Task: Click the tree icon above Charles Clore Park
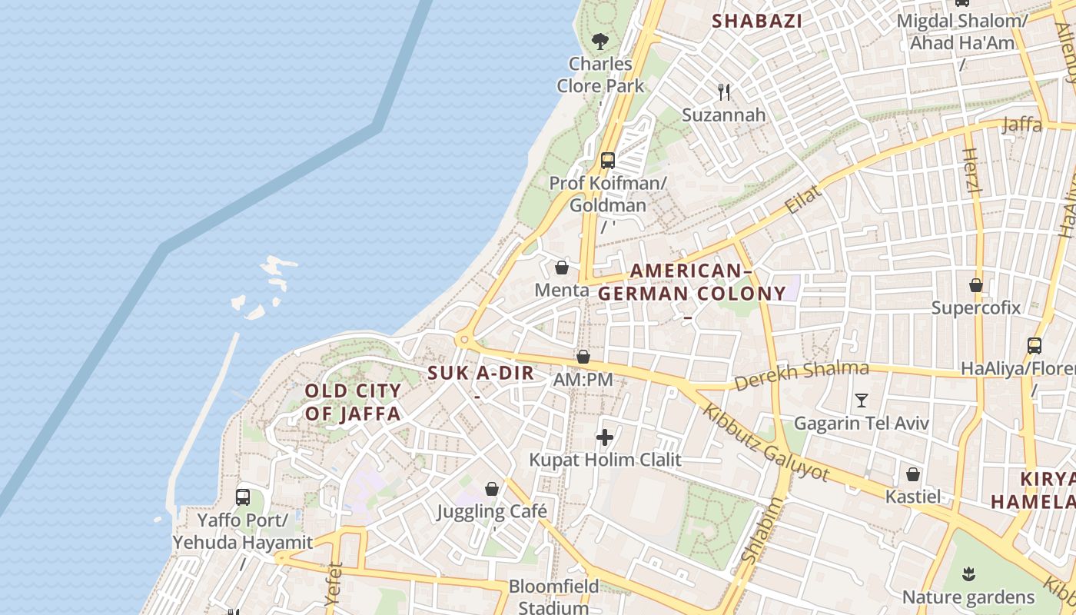pos(600,41)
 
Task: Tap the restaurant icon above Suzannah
pos(724,92)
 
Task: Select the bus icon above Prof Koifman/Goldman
pos(608,161)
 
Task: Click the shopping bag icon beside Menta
pos(562,268)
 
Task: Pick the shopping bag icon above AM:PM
pos(583,357)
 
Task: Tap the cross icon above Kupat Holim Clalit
pos(605,437)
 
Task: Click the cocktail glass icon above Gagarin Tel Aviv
pos(862,401)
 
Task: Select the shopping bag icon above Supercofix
pos(976,285)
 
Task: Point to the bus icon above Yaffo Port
pos(243,497)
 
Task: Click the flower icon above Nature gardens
pos(969,573)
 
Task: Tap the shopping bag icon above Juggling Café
pos(492,489)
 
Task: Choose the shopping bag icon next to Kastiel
pos(913,474)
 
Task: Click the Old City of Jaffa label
pos(353,402)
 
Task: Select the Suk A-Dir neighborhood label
pos(480,374)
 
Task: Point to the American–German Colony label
pos(692,282)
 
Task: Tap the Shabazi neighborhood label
pos(757,21)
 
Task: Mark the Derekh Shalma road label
pos(801,374)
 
